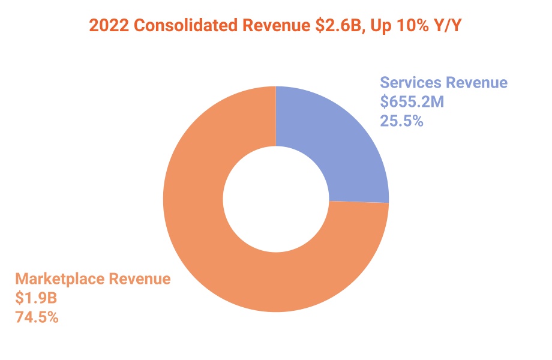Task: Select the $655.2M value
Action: [x=412, y=102]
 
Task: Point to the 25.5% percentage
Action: [x=402, y=121]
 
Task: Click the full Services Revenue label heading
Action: [x=443, y=83]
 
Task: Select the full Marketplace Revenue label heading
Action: [x=93, y=279]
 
